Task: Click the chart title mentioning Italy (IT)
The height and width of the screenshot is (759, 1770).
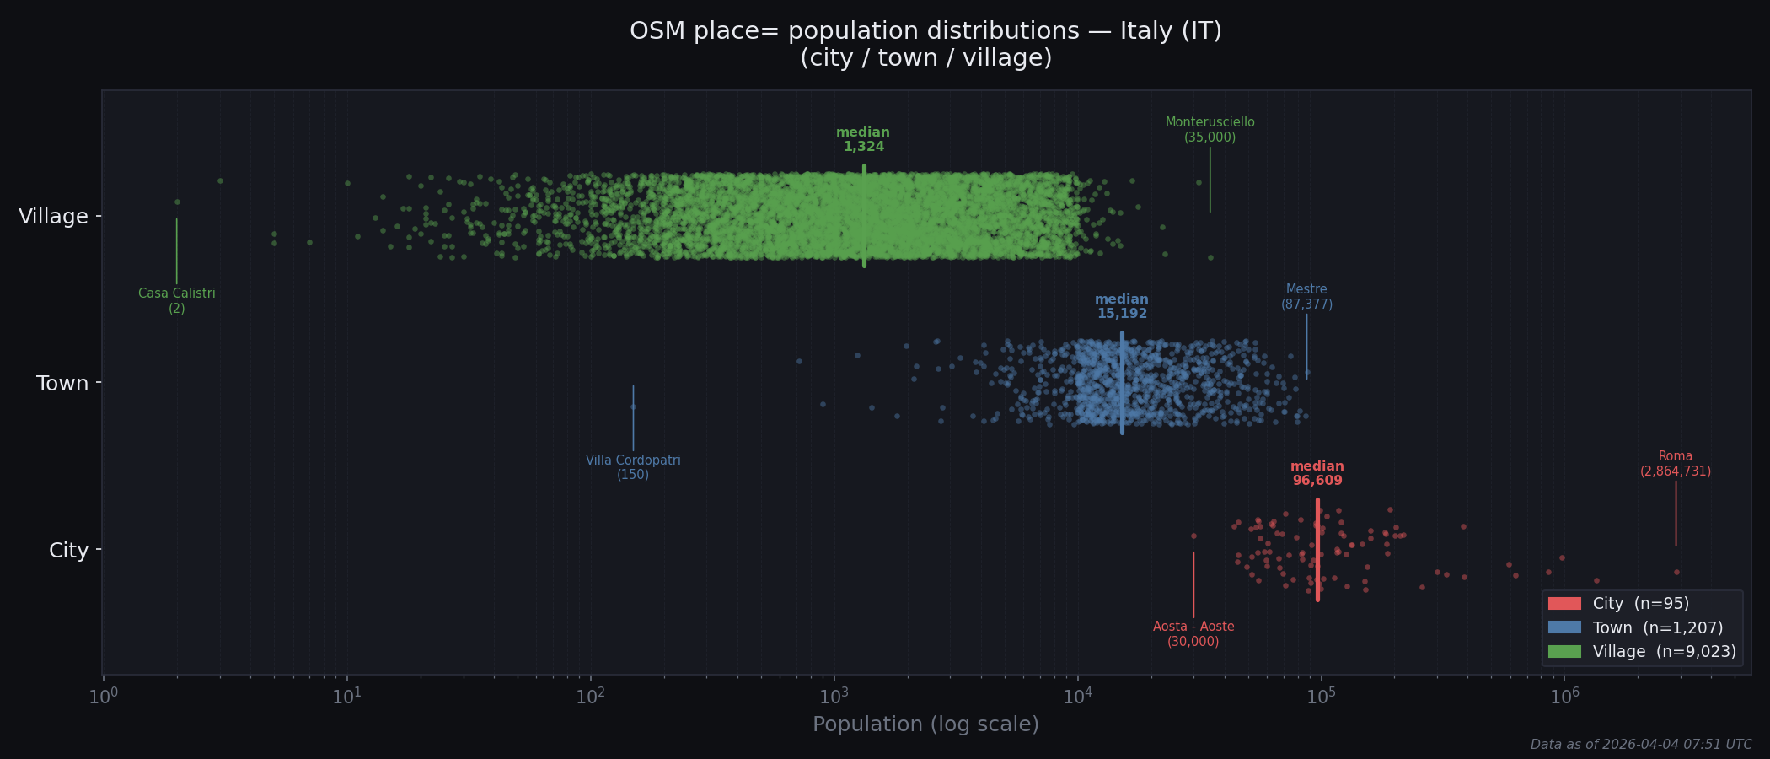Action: [x=925, y=44]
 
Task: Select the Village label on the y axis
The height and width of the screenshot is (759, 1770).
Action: [x=53, y=217]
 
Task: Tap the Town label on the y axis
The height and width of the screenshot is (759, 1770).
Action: [x=62, y=384]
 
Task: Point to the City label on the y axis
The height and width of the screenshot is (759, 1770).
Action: [x=68, y=551]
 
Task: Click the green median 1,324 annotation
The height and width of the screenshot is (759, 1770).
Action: [x=863, y=140]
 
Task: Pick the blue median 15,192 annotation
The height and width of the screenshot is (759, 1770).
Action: [x=1121, y=307]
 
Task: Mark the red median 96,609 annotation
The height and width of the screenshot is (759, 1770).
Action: [x=1317, y=474]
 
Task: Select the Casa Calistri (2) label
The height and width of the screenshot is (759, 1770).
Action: [x=177, y=301]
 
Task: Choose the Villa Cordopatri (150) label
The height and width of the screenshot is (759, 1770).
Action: [x=633, y=468]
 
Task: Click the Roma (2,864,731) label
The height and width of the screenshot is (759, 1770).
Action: [x=1675, y=464]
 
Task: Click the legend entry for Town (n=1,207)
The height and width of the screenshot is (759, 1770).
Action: [x=1657, y=627]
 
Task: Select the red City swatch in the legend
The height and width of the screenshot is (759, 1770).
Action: [x=1564, y=604]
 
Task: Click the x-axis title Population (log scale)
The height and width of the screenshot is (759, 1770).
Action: [x=925, y=724]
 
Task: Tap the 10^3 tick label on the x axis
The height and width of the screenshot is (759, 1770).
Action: [x=834, y=697]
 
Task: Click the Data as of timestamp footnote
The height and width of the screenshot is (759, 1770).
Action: [x=1640, y=745]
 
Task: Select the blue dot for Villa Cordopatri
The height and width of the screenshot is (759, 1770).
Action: [x=633, y=406]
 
